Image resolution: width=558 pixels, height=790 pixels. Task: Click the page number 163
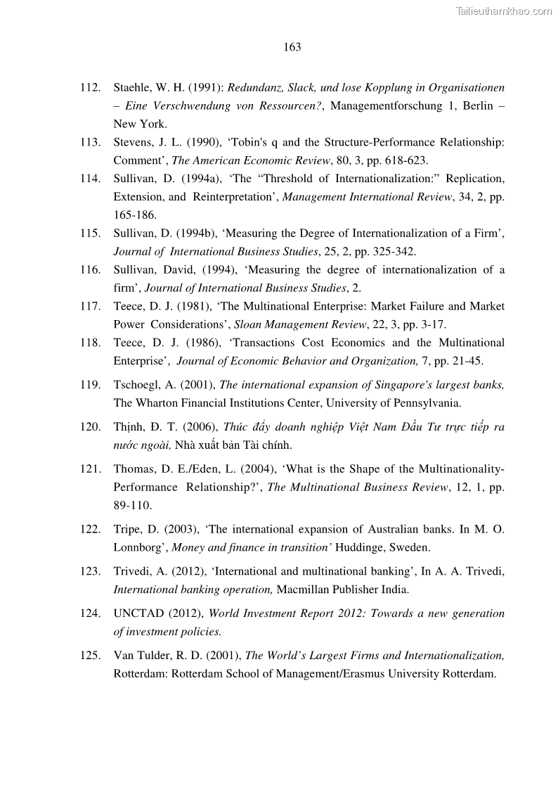292,47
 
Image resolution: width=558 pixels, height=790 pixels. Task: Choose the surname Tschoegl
138,385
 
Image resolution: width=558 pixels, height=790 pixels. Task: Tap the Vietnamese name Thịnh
129,427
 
